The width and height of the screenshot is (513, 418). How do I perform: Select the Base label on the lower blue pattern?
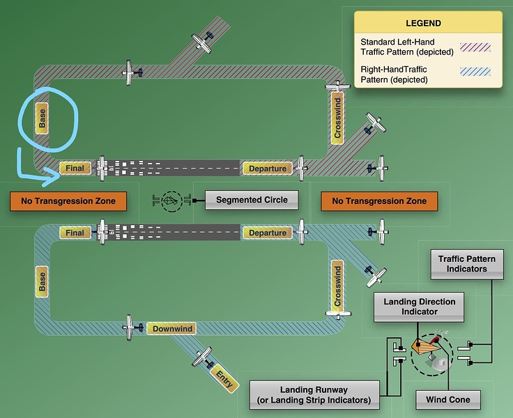coord(43,281)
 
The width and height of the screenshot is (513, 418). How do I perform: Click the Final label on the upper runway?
coord(75,168)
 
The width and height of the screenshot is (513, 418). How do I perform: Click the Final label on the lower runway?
coord(75,233)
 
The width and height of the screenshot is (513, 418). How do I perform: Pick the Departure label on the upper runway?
coord(267,168)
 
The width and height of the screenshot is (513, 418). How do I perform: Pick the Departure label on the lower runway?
coord(267,233)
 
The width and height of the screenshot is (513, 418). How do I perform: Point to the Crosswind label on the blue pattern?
coord(337,286)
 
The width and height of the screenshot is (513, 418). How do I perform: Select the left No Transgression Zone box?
coord(68,201)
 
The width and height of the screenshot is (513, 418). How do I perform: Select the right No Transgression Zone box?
coord(379,201)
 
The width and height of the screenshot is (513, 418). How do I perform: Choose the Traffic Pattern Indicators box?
coord(466,264)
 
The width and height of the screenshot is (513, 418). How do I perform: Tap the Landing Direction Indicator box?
coord(419,307)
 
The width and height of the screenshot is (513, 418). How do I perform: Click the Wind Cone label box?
coord(448,400)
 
